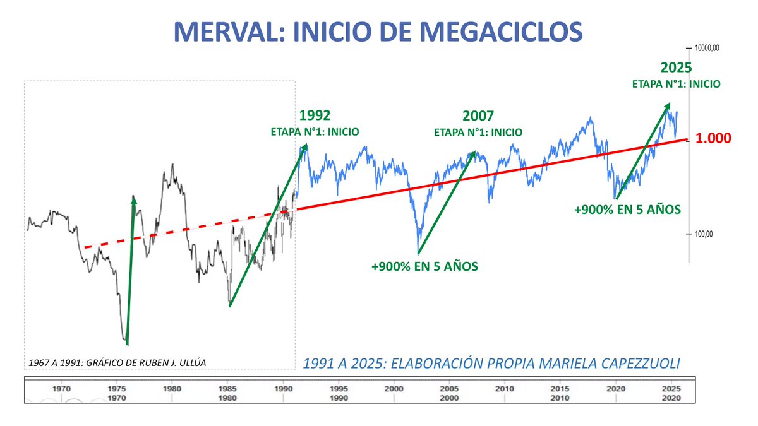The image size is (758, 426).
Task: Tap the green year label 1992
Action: [x=315, y=116]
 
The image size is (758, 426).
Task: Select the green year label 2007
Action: [x=478, y=116]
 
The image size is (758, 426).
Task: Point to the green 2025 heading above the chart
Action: [x=676, y=68]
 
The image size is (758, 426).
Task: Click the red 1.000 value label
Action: [x=713, y=139]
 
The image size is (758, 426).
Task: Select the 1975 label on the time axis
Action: [x=117, y=389]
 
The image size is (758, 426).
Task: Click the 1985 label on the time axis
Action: [x=228, y=389]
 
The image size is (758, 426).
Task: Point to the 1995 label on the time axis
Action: [x=339, y=389]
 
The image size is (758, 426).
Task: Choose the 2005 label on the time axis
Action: [x=449, y=389]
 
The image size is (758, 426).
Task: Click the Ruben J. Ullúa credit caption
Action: [x=117, y=362]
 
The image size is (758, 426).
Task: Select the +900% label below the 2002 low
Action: [x=424, y=266]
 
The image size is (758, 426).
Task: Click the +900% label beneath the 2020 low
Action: [x=627, y=209]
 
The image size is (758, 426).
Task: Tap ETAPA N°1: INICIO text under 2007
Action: [x=478, y=133]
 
